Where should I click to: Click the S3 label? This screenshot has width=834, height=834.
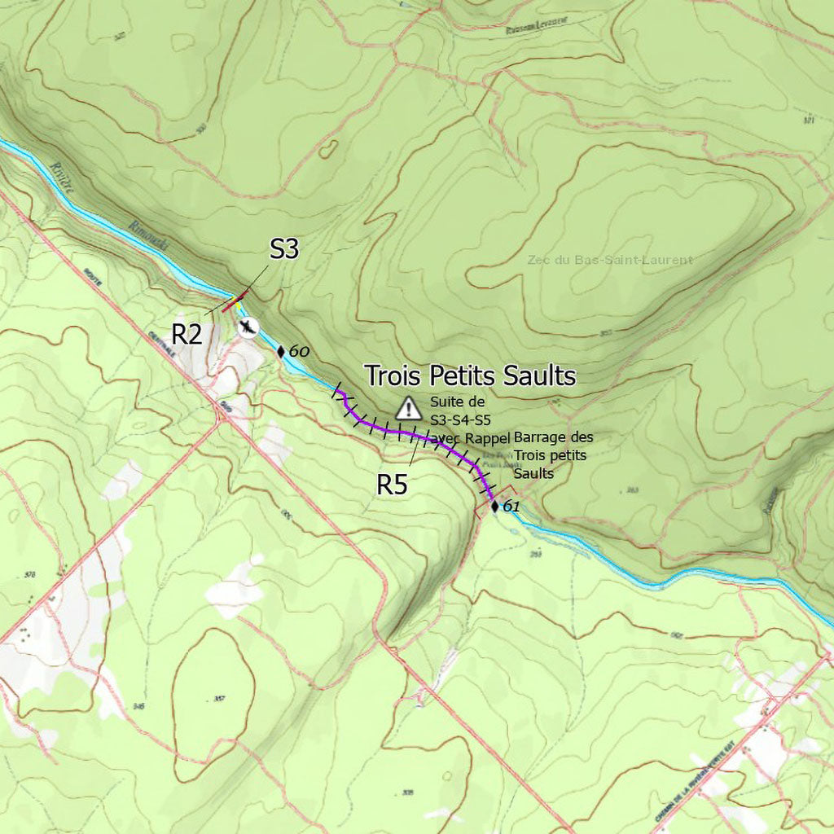284,249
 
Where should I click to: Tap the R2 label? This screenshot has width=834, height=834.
187,333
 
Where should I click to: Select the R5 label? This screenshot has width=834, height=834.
392,485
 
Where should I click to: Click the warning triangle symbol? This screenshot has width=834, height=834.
408,407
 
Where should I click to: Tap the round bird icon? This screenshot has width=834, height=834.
248,327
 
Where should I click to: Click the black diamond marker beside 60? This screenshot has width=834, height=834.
281,352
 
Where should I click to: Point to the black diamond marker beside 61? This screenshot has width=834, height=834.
494,507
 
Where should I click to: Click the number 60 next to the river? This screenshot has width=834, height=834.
299,352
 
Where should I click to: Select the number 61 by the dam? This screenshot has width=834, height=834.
511,507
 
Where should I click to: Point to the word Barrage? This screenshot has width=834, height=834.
541,437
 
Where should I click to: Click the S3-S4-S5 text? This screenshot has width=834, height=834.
460,420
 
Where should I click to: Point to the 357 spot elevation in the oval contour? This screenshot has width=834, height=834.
218,699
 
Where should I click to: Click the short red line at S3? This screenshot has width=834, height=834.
231,305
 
